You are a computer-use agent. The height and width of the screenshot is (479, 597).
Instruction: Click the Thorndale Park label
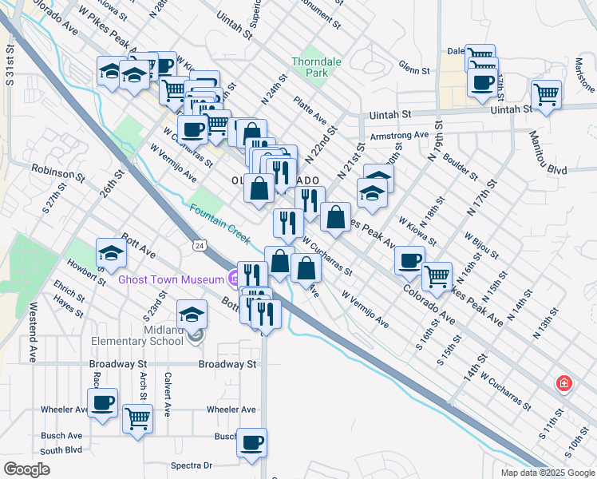[x=310, y=67]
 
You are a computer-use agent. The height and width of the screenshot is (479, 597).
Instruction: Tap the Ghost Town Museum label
[x=171, y=279]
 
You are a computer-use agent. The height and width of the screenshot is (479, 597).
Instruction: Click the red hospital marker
[x=564, y=383]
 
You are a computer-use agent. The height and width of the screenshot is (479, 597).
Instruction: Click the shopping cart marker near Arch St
[x=137, y=418]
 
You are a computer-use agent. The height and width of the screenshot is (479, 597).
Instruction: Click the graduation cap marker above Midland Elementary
[x=192, y=315]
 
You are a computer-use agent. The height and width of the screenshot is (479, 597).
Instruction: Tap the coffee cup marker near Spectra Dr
[x=252, y=442]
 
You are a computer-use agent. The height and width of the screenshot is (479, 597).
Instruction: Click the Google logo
[x=26, y=469]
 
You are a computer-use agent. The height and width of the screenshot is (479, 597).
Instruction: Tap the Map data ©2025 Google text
[x=547, y=473]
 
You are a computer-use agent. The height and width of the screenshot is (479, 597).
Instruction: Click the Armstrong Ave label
[x=399, y=137]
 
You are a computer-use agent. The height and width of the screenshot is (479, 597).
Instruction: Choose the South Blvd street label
[x=61, y=450]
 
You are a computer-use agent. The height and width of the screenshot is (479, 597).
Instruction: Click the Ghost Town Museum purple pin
[x=233, y=279]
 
